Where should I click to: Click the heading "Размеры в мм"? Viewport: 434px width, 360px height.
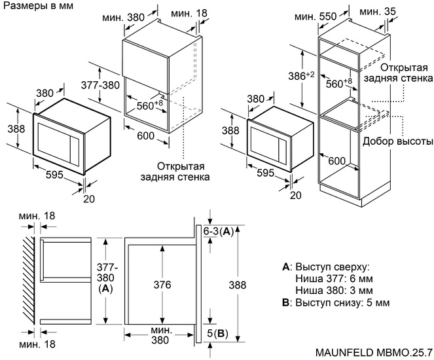(37, 6)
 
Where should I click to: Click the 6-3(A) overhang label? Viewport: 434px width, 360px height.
(218, 232)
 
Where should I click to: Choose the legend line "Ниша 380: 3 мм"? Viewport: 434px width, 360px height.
(335, 291)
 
